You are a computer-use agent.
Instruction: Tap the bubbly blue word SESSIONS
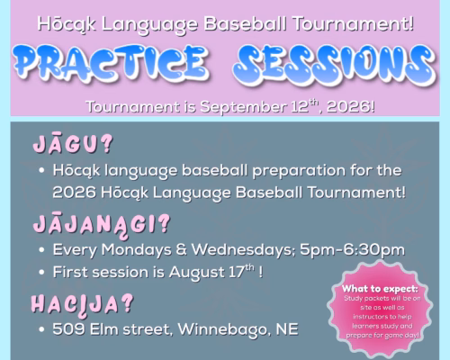click(x=335, y=65)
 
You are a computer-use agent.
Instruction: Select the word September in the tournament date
click(x=243, y=107)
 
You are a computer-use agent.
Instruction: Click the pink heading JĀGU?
click(x=73, y=144)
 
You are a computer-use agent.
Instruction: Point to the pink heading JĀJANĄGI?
click(x=102, y=226)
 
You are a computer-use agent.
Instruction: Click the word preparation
click(x=299, y=172)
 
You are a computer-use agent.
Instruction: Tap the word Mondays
click(x=136, y=250)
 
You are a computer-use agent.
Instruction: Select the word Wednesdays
click(x=244, y=250)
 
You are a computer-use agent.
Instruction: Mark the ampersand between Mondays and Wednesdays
click(x=182, y=250)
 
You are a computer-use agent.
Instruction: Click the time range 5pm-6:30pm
click(x=353, y=250)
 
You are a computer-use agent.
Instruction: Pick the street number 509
click(x=68, y=329)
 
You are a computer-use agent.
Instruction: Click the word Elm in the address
click(x=104, y=329)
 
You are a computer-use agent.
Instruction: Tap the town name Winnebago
click(x=220, y=330)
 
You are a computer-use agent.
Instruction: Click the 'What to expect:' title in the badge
click(x=380, y=289)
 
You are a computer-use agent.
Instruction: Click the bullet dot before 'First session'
click(x=41, y=273)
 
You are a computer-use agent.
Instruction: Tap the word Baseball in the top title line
click(x=245, y=24)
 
